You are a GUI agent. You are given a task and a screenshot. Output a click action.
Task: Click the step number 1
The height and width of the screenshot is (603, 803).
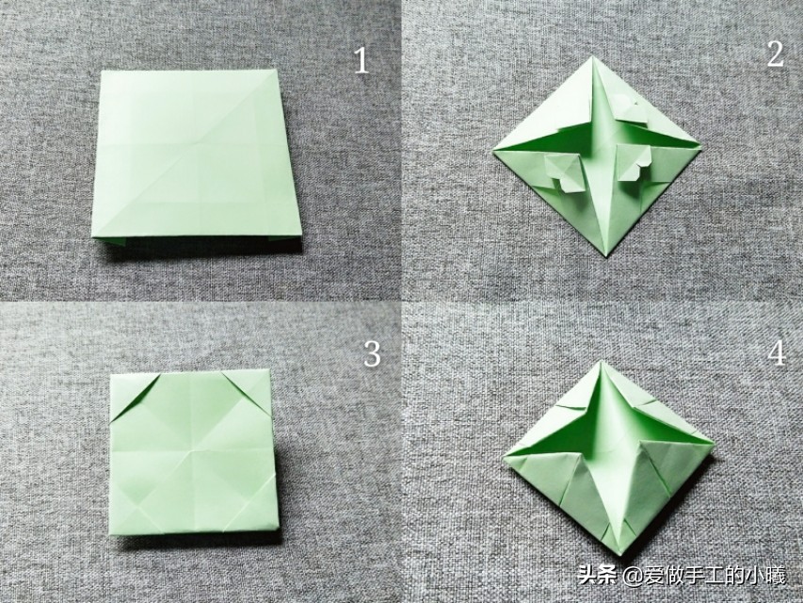361,61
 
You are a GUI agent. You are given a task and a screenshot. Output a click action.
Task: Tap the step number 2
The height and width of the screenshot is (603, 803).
775,54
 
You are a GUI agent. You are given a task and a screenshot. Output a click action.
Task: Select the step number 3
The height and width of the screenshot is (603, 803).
372,354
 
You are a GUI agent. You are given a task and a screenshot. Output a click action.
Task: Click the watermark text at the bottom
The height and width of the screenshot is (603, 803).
682,576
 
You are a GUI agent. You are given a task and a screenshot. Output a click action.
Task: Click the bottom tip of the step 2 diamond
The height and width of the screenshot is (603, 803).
608,256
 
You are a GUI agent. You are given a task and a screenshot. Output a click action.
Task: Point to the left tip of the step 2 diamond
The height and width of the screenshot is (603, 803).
492,150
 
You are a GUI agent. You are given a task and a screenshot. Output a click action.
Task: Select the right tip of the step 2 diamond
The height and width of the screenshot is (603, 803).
699,148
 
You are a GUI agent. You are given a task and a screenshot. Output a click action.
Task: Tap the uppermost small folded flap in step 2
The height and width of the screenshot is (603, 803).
626,107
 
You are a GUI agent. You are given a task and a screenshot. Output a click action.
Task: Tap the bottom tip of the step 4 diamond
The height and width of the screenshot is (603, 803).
620,554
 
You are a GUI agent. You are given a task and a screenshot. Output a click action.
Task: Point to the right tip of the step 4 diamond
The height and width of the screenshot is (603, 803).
714,443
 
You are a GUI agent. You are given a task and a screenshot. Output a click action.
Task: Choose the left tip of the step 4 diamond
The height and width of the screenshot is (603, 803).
504,456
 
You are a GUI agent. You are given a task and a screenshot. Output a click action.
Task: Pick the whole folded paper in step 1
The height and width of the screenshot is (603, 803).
195,156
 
